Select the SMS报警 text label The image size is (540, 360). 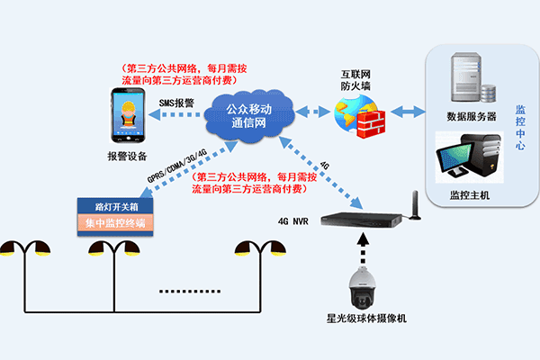pyautogui.click(x=177, y=103)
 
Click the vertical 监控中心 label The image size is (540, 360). pyautogui.click(x=519, y=128)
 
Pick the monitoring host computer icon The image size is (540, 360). pyautogui.click(x=466, y=157)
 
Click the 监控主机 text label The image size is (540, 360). pyautogui.click(x=470, y=194)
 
